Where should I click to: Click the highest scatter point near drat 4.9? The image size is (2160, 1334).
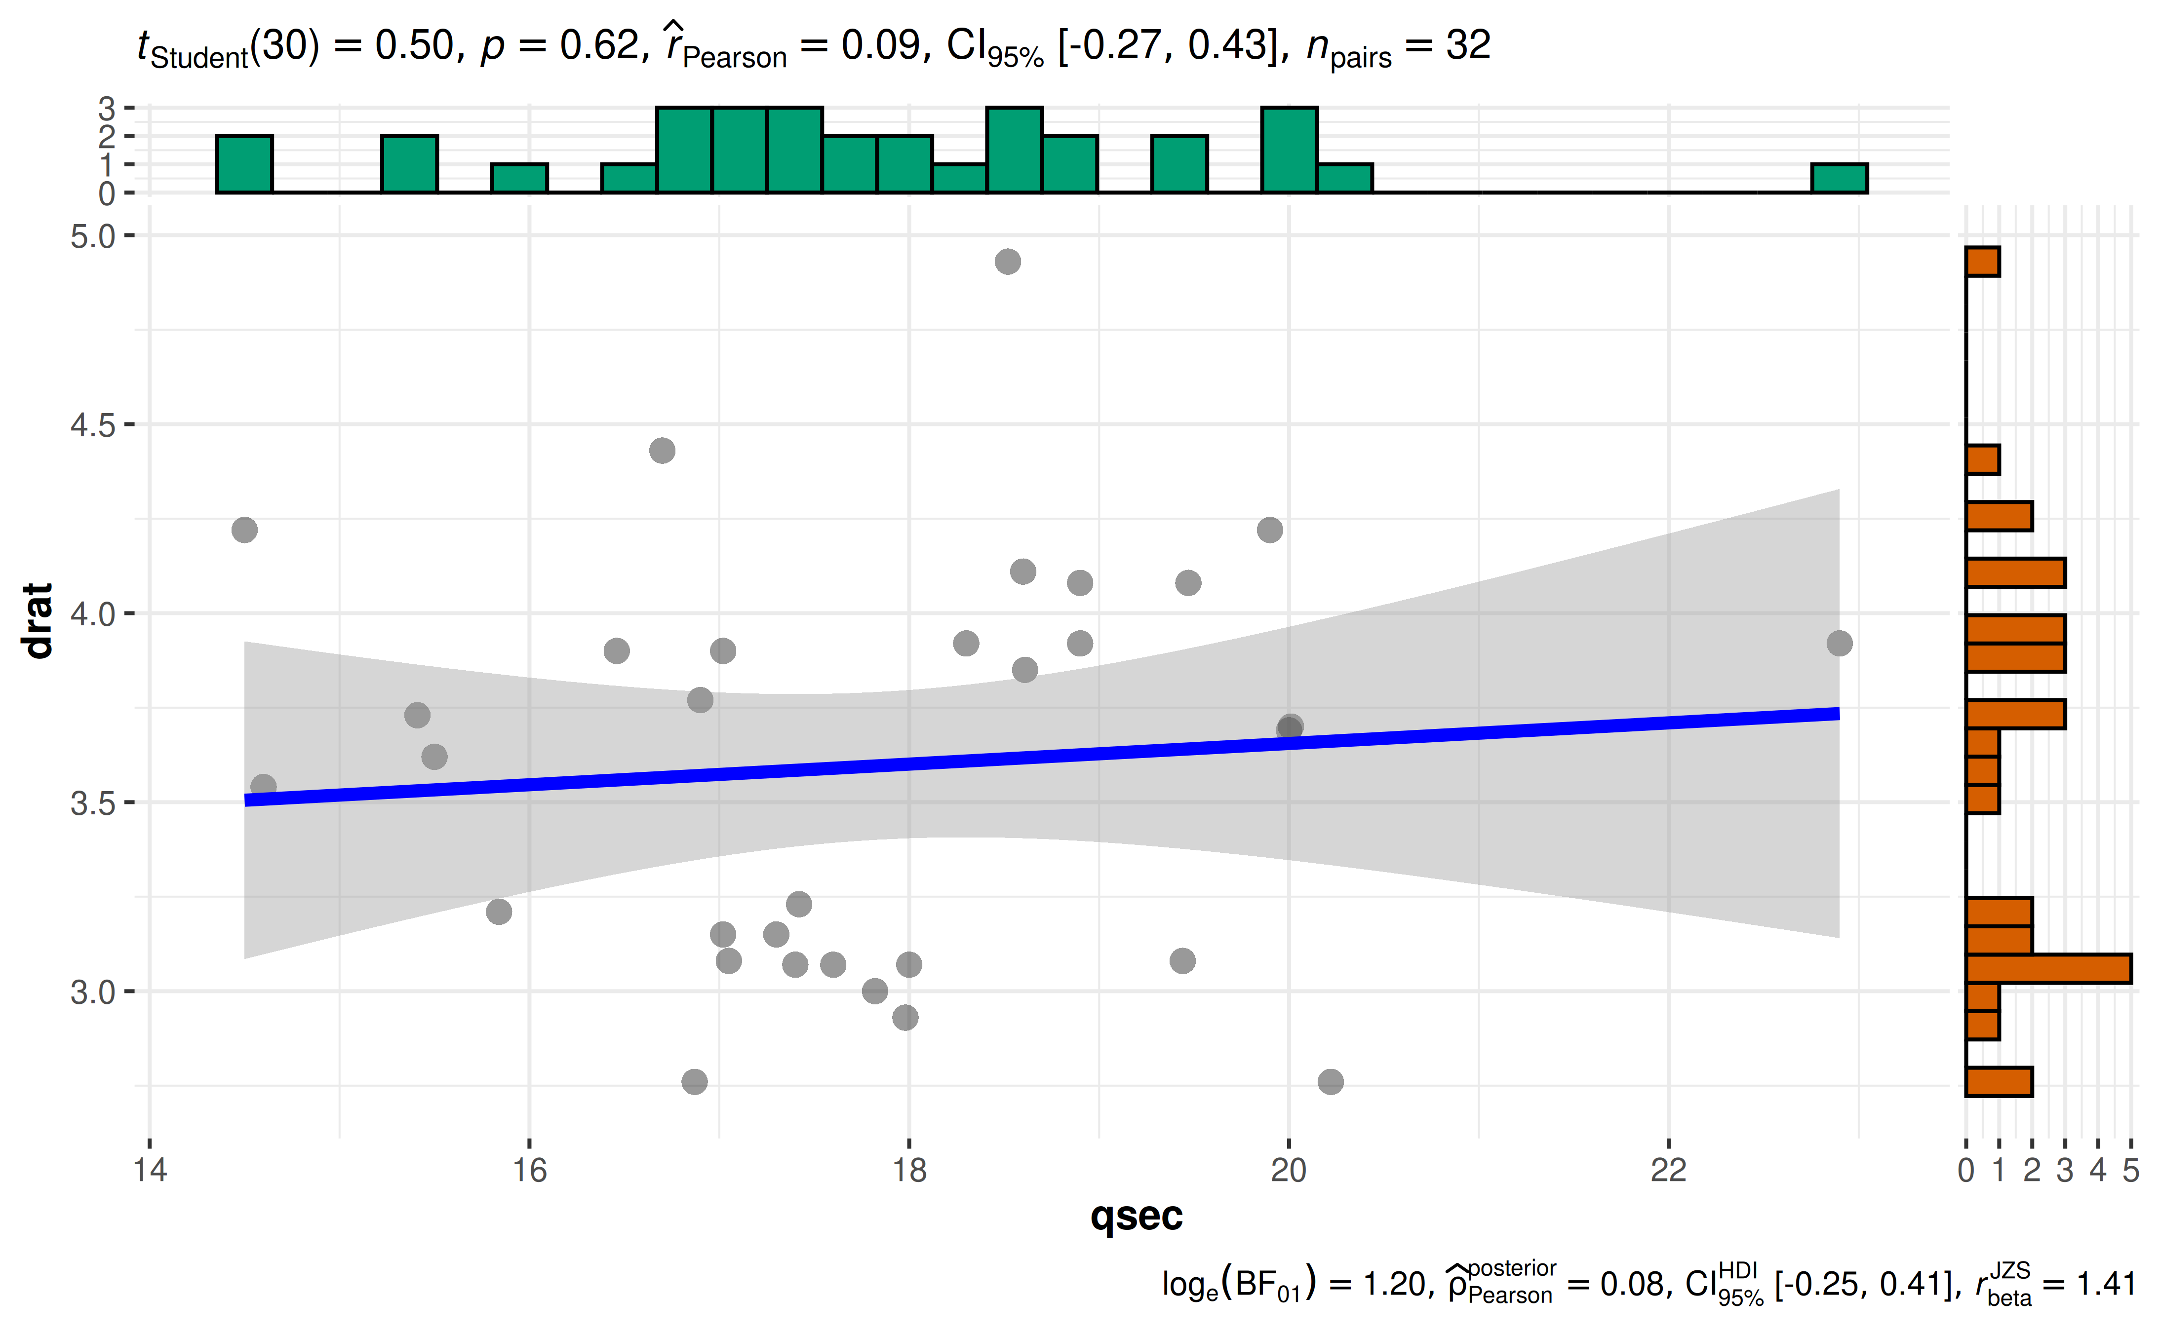tap(1008, 262)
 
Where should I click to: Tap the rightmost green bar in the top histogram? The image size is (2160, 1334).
tap(1840, 178)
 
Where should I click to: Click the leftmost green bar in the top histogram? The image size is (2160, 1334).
tap(244, 164)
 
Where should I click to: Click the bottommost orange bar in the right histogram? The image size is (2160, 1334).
tap(1999, 1082)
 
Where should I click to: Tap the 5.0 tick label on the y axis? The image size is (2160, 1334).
tap(93, 236)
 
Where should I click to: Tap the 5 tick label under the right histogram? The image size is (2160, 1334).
tap(2131, 1171)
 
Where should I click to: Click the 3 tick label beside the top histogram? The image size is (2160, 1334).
tap(107, 109)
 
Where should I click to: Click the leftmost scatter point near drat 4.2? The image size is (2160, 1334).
tap(244, 530)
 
